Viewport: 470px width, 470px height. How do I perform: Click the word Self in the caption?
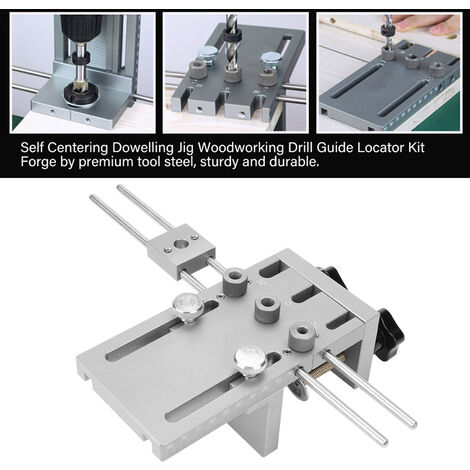[31, 148]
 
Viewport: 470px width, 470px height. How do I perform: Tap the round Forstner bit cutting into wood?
[79, 93]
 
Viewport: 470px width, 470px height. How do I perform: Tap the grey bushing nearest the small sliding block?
[236, 280]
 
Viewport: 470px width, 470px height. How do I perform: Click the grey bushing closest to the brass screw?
[302, 337]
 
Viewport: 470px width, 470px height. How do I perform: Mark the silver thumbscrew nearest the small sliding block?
[189, 306]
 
